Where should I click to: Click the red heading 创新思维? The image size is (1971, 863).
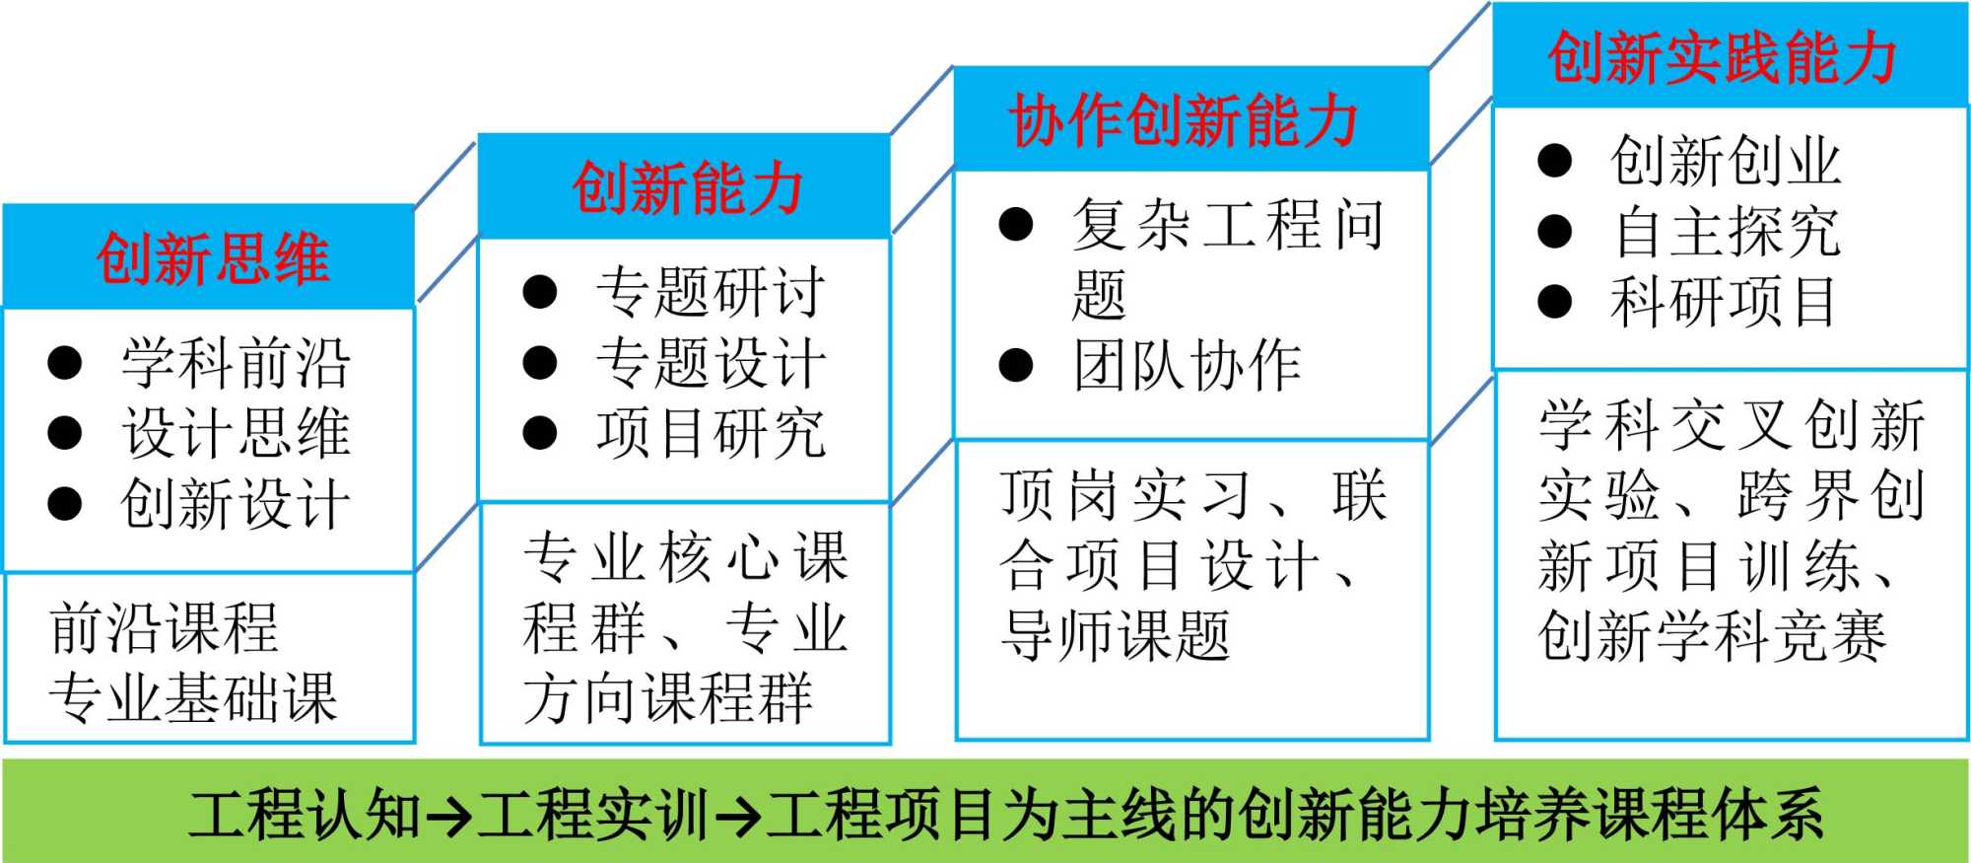tap(212, 258)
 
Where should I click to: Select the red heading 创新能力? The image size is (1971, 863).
tap(687, 187)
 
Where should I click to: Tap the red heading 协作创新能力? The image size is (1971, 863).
tap(1184, 120)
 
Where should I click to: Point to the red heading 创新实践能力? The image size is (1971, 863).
tap(1722, 57)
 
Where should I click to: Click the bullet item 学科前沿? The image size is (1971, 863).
tap(236, 363)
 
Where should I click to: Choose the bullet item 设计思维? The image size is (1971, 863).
tap(236, 433)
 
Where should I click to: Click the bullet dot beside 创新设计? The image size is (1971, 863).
tap(65, 503)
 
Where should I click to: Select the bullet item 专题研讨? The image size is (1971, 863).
tap(710, 292)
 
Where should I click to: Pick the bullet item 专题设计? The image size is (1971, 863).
tap(710, 362)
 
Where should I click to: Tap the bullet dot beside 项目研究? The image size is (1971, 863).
tap(540, 432)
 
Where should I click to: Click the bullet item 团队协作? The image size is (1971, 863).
tap(1187, 366)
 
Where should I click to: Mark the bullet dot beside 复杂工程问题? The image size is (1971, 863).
tap(1016, 225)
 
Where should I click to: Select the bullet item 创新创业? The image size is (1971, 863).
tap(1725, 160)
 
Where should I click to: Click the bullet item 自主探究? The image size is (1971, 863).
tap(1725, 231)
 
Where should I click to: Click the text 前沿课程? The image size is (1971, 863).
tap(164, 627)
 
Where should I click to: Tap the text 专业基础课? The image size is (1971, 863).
tap(193, 697)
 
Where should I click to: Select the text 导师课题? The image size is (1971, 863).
tap(1116, 634)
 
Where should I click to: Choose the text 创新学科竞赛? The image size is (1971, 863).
tap(1712, 634)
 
